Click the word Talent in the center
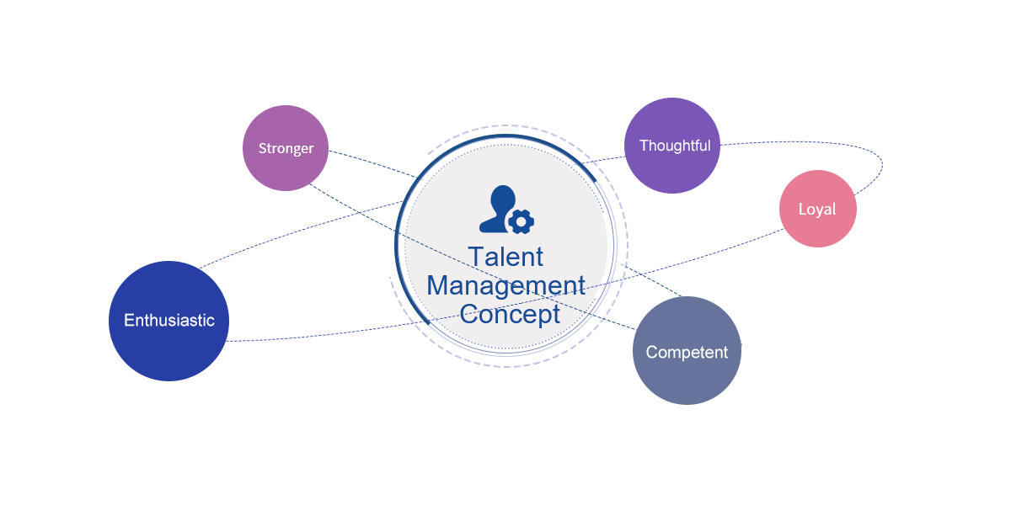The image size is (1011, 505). tap(505, 256)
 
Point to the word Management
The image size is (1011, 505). tap(505, 285)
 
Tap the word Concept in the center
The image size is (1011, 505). tap(510, 315)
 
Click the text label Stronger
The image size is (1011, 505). tap(286, 149)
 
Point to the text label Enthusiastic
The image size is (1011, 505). tap(168, 321)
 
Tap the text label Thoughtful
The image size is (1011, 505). tap(675, 146)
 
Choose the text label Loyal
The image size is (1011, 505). tap(817, 210)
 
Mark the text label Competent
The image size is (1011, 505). tap(687, 353)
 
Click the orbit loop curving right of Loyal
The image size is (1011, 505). tap(881, 164)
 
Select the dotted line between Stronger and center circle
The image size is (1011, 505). tap(371, 163)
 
